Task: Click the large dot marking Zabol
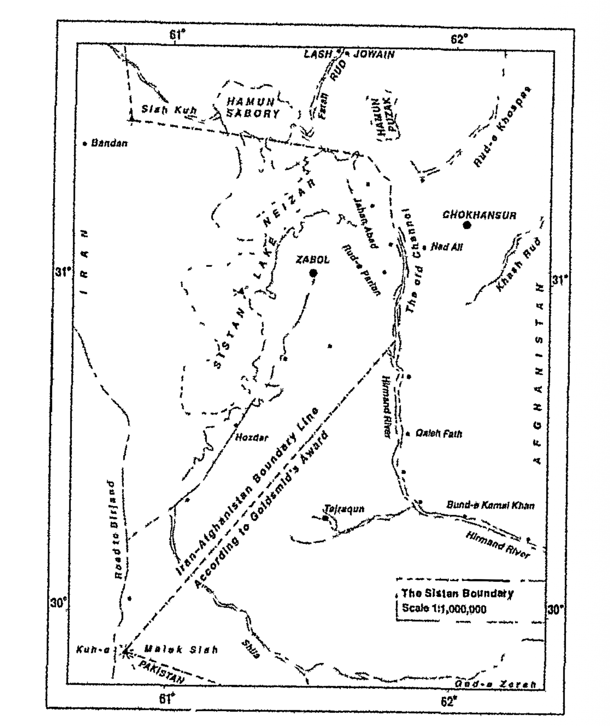point(313,273)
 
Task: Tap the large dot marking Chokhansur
point(467,225)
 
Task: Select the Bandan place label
point(109,144)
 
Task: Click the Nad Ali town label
point(446,247)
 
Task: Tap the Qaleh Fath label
point(438,434)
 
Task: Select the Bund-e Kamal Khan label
point(490,506)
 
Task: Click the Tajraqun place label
point(344,509)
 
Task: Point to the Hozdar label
point(251,438)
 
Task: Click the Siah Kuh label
point(169,110)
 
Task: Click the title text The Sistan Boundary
point(457,593)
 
